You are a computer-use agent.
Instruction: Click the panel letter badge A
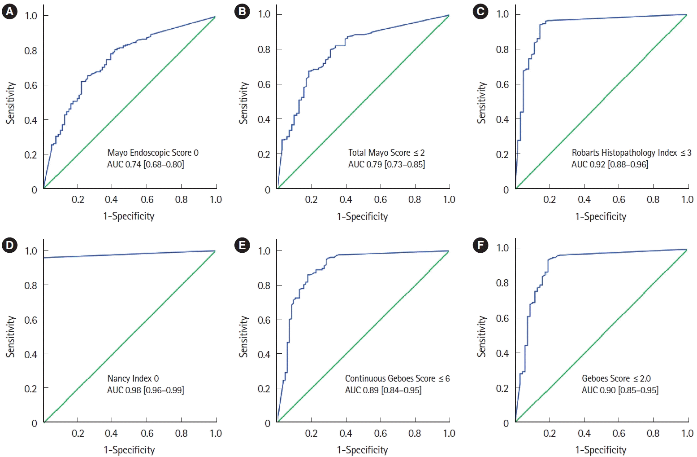coord(9,11)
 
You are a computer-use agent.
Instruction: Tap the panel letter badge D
coord(9,245)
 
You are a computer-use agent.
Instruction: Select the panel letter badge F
coord(481,245)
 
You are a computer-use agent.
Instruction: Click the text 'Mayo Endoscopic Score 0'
coord(153,153)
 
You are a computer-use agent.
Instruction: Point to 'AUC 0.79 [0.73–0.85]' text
coord(386,164)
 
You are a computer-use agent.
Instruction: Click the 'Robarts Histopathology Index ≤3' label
coord(631,153)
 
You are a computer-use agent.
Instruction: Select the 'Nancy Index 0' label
coord(133,378)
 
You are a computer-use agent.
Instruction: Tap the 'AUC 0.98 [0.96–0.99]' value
coord(145,390)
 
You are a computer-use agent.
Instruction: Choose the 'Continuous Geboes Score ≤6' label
coord(397,378)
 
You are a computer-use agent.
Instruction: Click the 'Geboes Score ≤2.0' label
coord(616,378)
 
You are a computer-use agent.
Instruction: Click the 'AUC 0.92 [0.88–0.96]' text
coord(610,164)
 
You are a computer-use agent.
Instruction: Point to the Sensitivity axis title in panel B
coord(243,103)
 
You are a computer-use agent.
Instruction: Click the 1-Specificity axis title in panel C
coord(601,216)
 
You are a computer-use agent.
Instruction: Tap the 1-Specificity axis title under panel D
coord(129,450)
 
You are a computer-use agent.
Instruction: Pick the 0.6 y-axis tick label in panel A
coord(30,85)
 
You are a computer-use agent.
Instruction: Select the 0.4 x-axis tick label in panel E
coord(346,433)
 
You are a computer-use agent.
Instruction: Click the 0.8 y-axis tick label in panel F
coord(502,283)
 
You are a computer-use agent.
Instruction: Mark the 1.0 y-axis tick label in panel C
coord(502,14)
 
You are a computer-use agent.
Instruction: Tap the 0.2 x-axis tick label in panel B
coord(311,199)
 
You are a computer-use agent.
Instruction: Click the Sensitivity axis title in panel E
coord(243,337)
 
